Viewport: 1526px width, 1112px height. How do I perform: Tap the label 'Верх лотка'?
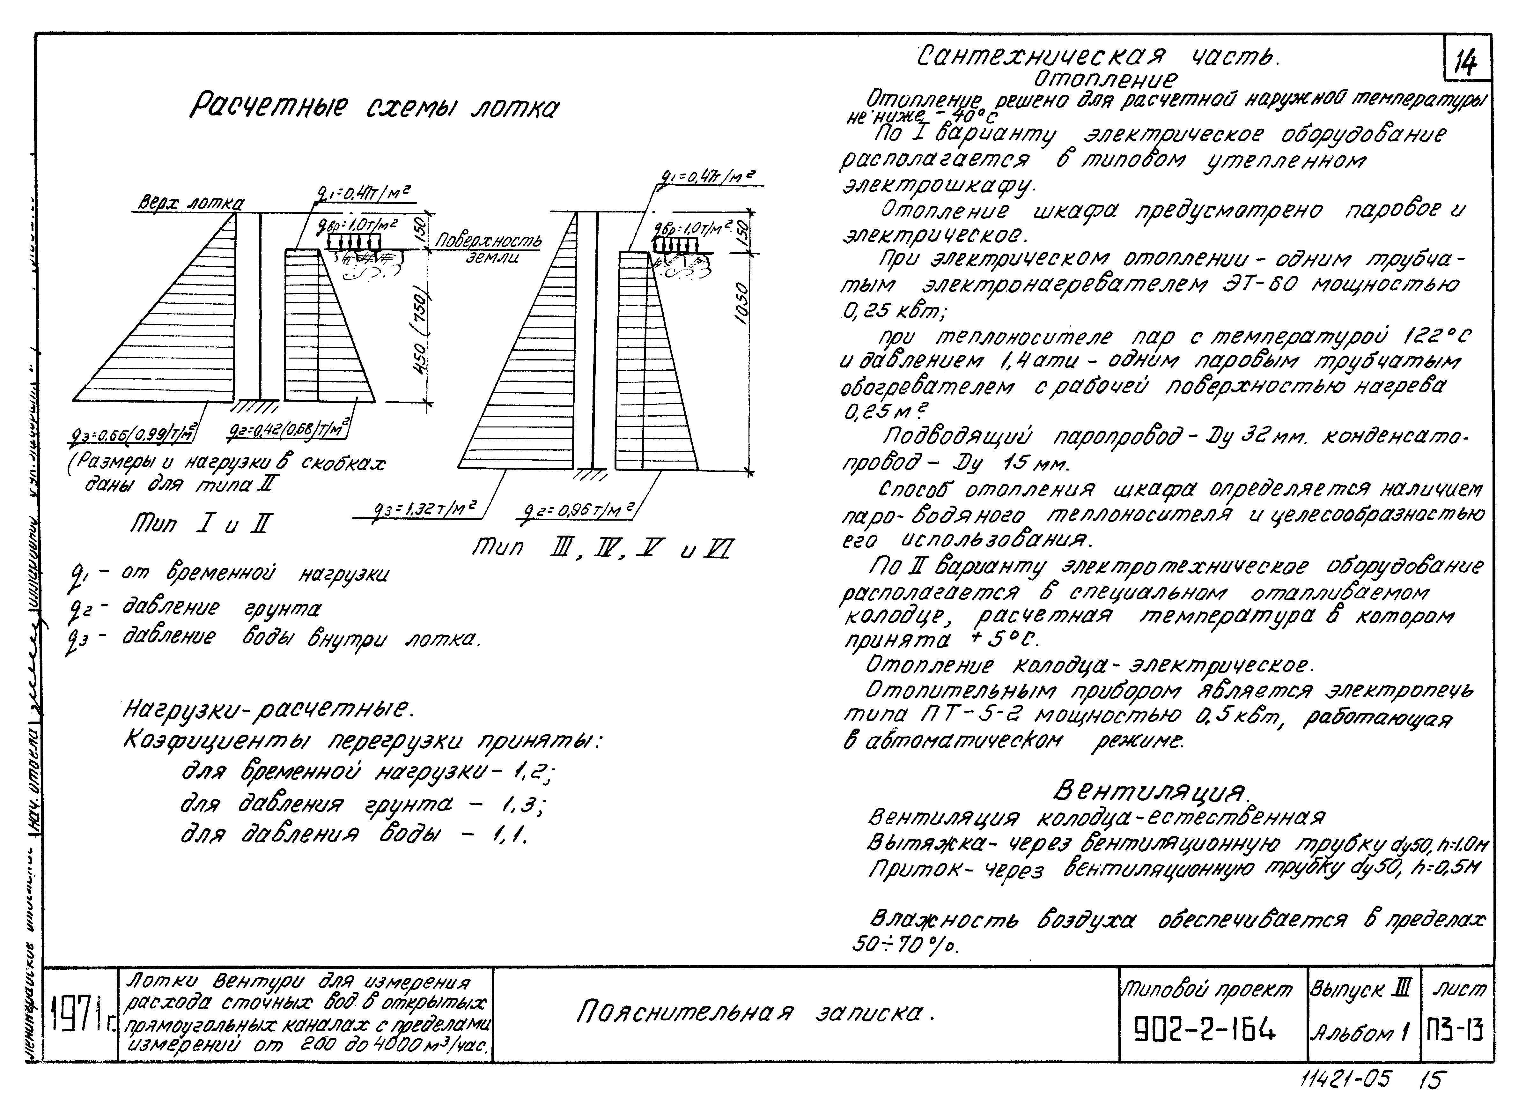(x=190, y=203)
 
